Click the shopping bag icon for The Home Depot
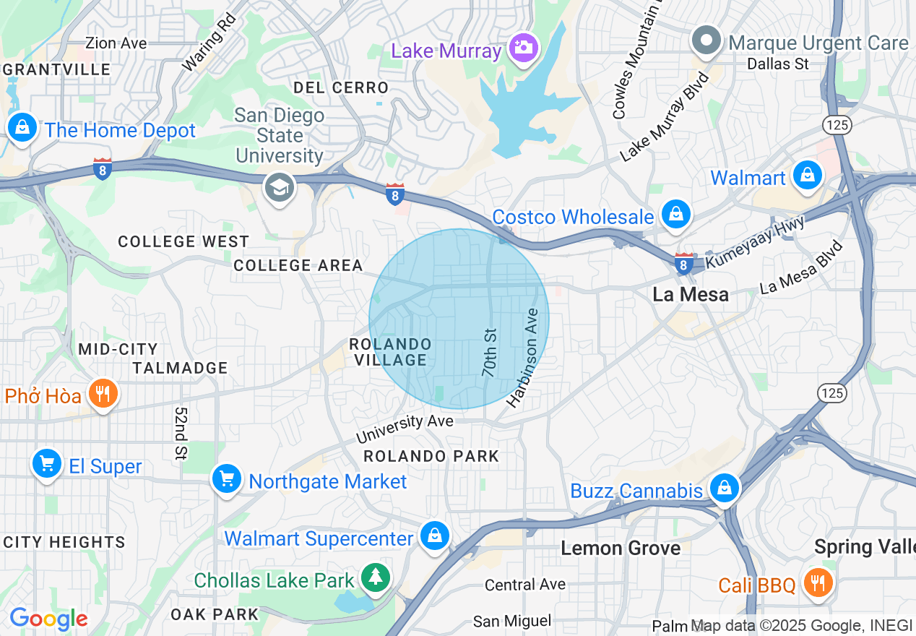coord(23,128)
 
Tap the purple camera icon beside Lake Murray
coord(522,48)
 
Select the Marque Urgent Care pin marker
coord(707,40)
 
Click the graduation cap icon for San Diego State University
coord(279,188)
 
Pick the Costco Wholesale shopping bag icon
coord(675,215)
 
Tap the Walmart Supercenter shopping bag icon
coord(435,536)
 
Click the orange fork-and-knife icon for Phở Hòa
coord(103,394)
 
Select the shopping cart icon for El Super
coord(47,463)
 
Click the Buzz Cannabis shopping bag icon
coord(724,488)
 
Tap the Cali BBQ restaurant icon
coord(817,582)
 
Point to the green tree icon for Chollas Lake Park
coord(376,577)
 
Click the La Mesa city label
coord(690,294)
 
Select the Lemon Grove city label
coord(621,549)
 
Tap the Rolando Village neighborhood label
coord(390,352)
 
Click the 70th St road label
coord(491,353)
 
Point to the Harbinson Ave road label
coord(523,358)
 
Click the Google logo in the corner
coord(48,619)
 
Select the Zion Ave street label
coord(116,43)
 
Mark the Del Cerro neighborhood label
coord(341,87)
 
